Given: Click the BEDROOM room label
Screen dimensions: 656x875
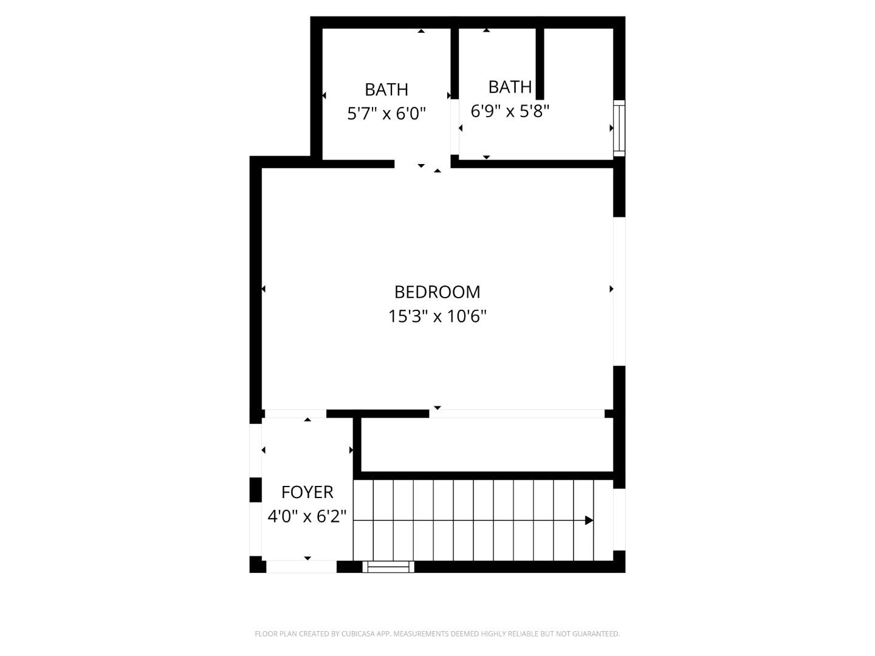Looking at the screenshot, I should (437, 292).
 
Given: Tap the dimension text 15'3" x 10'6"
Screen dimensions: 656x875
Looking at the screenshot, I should (437, 316).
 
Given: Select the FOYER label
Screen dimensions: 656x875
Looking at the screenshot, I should (307, 492).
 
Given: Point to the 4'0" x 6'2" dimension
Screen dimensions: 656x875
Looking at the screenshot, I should (307, 516).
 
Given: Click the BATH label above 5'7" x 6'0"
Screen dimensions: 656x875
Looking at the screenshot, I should (386, 90).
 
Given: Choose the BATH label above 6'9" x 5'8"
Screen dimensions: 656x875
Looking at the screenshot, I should (510, 87).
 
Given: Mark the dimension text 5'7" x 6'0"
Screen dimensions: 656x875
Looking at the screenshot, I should (386, 114).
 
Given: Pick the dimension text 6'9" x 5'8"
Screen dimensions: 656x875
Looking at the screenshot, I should (510, 111).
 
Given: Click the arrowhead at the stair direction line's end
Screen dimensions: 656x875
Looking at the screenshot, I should (588, 521).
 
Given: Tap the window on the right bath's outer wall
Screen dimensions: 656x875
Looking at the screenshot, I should (619, 128).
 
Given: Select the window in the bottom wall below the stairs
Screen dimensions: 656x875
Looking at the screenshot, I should (388, 567).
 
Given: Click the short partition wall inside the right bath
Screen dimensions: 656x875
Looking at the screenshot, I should (540, 64).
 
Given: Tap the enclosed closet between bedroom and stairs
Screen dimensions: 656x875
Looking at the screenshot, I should (486, 444).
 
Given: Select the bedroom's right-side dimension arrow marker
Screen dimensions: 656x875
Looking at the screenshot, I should (611, 289).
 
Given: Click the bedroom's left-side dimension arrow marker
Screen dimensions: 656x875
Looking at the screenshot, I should (263, 289).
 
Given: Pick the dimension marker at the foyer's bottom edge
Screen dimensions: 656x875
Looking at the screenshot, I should (307, 558).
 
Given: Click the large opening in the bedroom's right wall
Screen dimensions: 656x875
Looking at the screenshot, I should (619, 292).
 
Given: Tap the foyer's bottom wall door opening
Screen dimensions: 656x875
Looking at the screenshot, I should (301, 567).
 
